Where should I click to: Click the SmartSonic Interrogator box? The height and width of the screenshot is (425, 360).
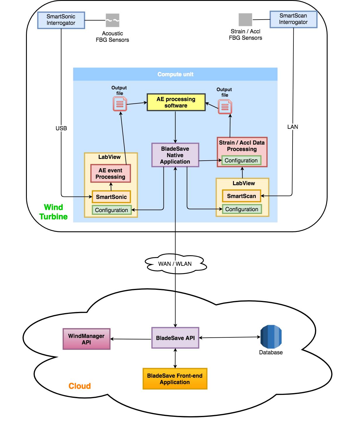pos(61,20)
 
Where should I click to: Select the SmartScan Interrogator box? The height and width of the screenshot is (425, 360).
pos(293,19)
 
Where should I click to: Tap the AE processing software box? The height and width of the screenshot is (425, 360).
pos(176,102)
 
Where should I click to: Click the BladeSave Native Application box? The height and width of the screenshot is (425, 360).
pos(175,155)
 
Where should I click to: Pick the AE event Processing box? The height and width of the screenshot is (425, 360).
pos(110,174)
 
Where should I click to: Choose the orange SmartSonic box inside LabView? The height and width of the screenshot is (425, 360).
pos(111,197)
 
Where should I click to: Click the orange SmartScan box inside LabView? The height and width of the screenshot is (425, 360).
pos(241,196)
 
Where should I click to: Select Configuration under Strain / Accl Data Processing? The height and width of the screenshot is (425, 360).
pos(241,160)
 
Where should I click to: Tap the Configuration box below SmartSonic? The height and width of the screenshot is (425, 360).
pos(112,210)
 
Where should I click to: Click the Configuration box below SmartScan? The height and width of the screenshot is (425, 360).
pos(242,209)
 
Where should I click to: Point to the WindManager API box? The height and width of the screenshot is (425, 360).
pos(86,339)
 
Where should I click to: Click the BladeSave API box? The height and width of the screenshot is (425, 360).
pos(175,338)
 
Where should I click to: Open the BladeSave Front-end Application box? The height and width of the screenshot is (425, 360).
pos(175,379)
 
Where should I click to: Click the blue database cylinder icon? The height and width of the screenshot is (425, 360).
pos(271,337)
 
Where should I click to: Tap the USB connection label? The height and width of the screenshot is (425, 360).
pos(61,128)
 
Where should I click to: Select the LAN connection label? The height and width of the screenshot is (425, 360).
pos(293,127)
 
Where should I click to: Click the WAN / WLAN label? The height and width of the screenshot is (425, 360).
pos(175,264)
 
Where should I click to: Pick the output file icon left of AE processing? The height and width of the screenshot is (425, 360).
pos(120,104)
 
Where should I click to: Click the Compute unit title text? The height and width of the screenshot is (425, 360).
pos(175,74)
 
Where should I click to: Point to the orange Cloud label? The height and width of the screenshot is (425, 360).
pos(80,386)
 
